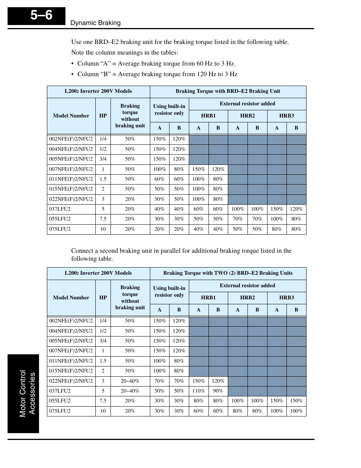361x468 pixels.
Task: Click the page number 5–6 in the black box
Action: tap(41, 16)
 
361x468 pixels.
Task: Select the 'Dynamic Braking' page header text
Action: tap(95, 23)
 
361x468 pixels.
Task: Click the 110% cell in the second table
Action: tap(198, 391)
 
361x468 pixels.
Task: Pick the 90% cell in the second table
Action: tap(218, 391)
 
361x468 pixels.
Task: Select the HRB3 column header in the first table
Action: tap(286, 116)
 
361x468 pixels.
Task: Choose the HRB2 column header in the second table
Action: tap(247, 297)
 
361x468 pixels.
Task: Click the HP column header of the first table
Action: tap(103, 116)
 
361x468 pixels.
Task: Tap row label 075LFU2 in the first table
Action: tap(60, 229)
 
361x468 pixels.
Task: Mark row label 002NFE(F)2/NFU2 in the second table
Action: tap(71, 321)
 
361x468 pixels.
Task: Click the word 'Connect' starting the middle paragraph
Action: tap(82, 251)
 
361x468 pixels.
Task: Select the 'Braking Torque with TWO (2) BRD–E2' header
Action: tap(228, 273)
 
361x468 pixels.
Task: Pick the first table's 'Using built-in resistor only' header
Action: tap(169, 110)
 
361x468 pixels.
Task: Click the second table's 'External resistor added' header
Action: tap(247, 285)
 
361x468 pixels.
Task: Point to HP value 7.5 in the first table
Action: tap(103, 219)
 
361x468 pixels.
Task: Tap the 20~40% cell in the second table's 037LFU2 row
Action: tap(130, 391)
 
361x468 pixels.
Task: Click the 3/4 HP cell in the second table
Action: tap(103, 341)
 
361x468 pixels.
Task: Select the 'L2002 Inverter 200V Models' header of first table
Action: tap(98, 91)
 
